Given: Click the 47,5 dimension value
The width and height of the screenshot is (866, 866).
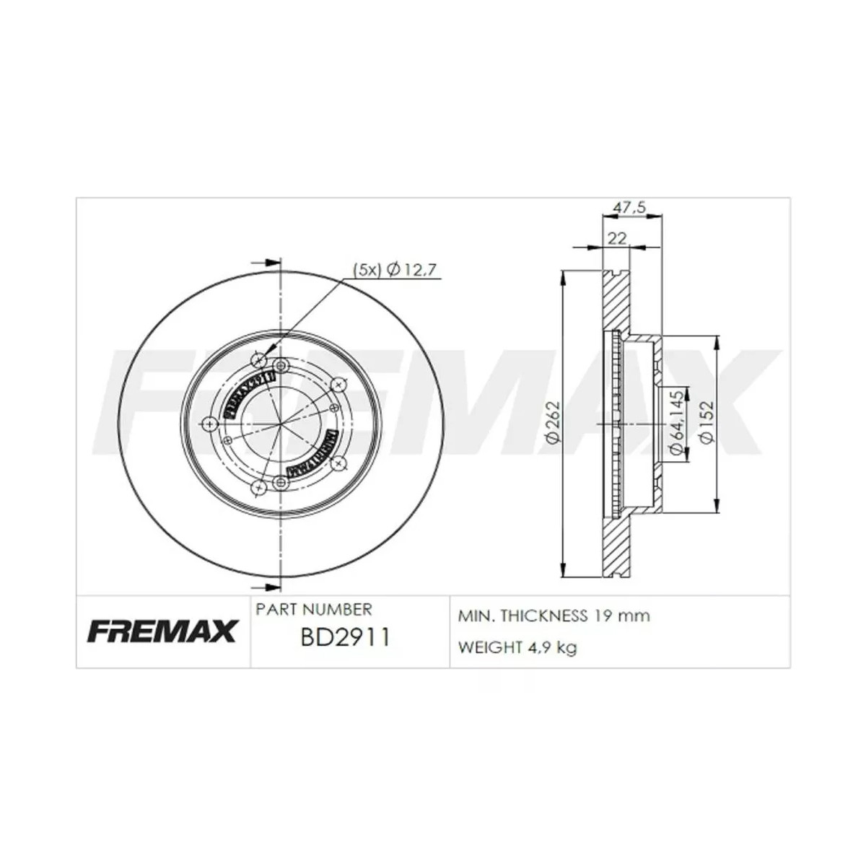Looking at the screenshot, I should pos(628,207).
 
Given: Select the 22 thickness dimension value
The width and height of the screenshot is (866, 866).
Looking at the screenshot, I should pos(616,238).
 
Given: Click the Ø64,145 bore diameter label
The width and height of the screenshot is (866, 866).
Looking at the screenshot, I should pos(676,421).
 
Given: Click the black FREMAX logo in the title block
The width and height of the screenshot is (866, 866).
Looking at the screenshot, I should pos(162,631).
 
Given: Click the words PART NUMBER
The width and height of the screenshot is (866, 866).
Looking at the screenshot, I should pos(314,610).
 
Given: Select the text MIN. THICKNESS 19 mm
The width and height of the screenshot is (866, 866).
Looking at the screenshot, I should pos(554,616).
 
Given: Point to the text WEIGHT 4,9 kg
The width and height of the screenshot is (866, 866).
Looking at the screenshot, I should pos(517,647).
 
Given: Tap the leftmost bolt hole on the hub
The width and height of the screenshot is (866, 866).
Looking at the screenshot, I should pos(210,424).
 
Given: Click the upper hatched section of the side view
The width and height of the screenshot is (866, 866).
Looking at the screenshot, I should pos(616,303).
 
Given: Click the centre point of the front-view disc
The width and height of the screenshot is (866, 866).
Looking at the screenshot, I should pos(279,424).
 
